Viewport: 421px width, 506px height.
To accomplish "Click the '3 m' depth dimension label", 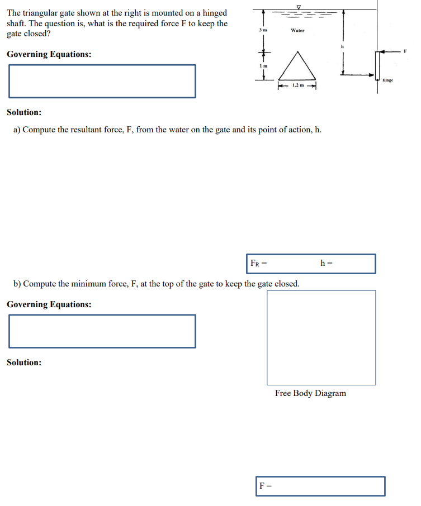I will point(259,30).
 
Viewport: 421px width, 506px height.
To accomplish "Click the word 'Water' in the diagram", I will point(297,30).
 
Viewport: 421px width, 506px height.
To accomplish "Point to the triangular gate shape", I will point(297,68).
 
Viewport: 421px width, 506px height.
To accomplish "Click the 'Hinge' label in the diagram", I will point(388,80).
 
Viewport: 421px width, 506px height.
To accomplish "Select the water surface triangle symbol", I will point(299,7).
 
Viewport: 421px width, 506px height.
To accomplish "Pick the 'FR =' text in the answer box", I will point(258,263).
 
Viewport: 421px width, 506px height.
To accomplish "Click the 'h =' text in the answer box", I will point(326,263).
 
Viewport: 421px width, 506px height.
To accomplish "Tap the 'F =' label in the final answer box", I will point(264,486).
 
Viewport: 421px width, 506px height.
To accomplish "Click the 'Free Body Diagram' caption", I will point(310,393).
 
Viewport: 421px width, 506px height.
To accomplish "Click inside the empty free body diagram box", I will point(321,337).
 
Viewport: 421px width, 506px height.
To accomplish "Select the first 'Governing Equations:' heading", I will point(49,54).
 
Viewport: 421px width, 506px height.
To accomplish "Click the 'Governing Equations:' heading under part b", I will point(49,304).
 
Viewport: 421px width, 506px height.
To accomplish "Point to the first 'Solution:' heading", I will point(24,112).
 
